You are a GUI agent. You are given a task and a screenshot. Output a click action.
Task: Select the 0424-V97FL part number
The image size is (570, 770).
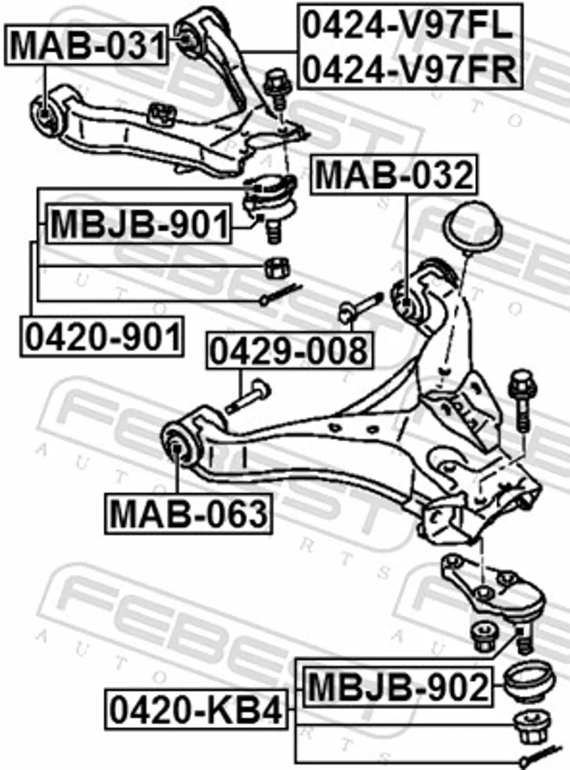click(408, 26)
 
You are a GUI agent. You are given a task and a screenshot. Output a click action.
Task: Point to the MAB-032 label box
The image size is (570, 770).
click(394, 175)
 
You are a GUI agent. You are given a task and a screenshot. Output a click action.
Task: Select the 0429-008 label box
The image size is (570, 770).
click(290, 350)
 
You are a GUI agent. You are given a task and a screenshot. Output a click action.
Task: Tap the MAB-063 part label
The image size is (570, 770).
click(188, 513)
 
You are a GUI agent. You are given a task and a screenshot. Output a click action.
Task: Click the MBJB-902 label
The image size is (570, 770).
click(398, 687)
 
